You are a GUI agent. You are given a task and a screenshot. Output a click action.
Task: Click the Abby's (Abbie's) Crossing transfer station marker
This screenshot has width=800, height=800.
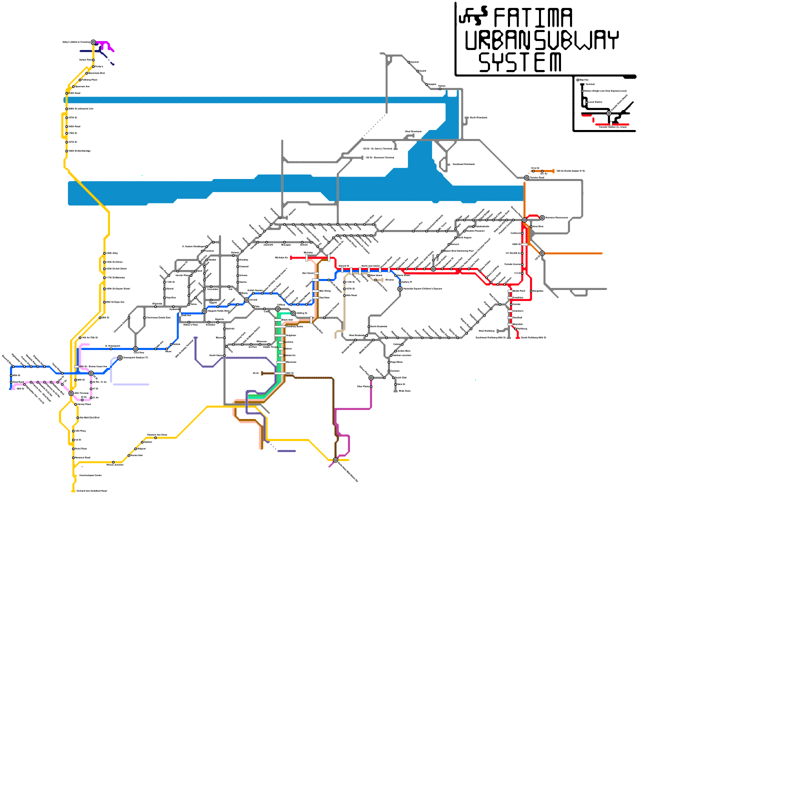(93, 42)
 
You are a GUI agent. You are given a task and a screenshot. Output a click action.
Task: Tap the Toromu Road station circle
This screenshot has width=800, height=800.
(526, 177)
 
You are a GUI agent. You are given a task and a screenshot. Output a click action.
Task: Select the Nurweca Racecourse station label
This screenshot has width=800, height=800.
(556, 217)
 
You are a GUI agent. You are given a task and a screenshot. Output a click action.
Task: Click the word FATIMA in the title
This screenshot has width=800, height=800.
(532, 18)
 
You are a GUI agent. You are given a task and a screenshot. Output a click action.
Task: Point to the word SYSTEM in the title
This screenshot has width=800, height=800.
(520, 62)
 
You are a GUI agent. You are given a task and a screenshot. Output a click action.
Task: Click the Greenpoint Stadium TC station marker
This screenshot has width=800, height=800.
(120, 357)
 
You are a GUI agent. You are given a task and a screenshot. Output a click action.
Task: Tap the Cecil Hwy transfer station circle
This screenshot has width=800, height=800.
(135, 349)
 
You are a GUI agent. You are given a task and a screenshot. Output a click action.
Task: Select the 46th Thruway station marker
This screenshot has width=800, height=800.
(71, 393)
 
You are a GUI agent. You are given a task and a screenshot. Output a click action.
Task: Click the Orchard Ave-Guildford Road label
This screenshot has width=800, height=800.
(91, 491)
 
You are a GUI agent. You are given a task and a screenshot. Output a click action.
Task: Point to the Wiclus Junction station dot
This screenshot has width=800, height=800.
(113, 462)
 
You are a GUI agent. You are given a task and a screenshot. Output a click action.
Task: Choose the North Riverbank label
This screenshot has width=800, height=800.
(478, 118)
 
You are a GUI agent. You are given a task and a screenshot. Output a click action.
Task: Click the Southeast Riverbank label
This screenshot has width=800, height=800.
(463, 164)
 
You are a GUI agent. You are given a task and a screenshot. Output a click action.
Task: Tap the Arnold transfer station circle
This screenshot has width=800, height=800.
(246, 300)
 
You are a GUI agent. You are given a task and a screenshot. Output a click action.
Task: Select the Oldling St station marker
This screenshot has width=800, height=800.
(293, 313)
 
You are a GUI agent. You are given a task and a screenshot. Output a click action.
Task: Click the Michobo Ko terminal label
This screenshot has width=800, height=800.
(281, 258)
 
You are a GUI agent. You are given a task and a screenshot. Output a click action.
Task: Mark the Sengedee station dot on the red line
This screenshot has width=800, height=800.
(531, 291)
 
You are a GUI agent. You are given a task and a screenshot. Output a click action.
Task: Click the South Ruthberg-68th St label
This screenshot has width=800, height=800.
(533, 337)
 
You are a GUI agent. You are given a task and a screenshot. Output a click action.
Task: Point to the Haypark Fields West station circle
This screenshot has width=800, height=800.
(204, 311)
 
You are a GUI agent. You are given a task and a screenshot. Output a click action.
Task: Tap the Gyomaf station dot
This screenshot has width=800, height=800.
(409, 62)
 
